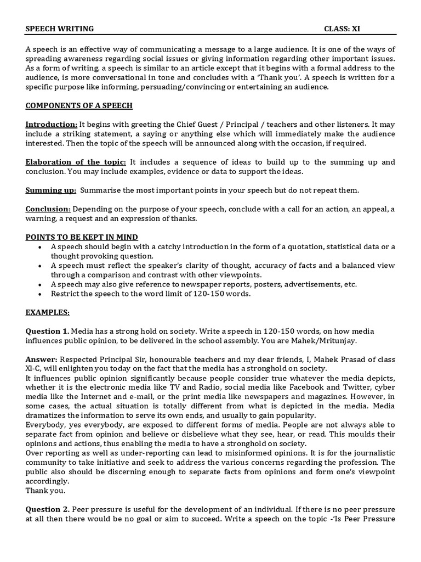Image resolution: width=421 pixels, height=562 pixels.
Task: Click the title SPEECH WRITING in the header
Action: coord(60,29)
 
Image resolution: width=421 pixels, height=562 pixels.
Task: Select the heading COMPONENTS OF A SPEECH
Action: coord(79,105)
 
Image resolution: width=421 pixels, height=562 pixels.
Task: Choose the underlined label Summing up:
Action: coord(50,190)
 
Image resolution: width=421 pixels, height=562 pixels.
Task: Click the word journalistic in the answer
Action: coord(371,453)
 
